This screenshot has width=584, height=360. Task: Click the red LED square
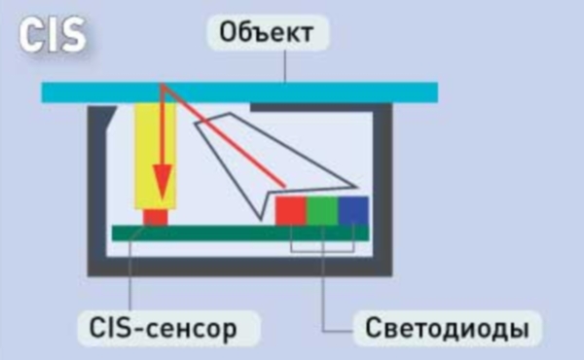[x=290, y=210]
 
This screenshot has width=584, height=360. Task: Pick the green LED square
[x=322, y=210]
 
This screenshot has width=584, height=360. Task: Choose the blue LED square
[x=353, y=210]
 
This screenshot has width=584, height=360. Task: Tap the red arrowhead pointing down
[x=162, y=184]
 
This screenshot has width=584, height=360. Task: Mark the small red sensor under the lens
[x=155, y=216]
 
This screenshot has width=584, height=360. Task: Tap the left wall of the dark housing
[x=96, y=185]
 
